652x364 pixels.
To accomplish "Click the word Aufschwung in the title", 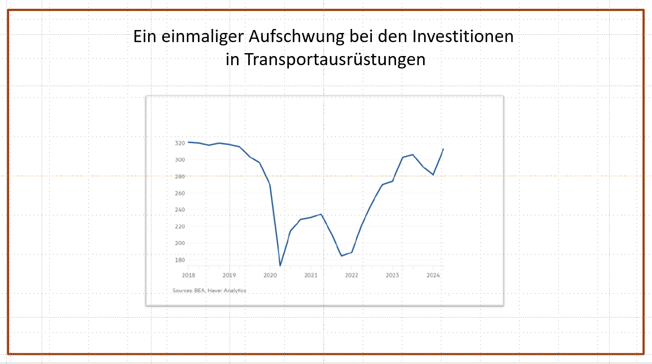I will click(297, 37).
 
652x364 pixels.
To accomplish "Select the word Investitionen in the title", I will click(463, 37).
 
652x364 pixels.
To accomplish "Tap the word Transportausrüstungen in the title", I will click(335, 59).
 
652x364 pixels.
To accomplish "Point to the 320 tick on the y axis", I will click(180, 143).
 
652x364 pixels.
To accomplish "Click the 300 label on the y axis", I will click(180, 160).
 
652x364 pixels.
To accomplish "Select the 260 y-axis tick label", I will click(180, 193).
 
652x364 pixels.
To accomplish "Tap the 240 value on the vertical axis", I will click(180, 210).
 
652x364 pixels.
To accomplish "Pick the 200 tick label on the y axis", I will click(180, 243).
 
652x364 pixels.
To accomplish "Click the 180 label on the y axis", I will click(180, 260).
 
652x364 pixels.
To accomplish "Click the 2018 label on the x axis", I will click(188, 275).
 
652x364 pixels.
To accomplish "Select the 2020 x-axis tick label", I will click(270, 275).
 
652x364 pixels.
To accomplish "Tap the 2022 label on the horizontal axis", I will click(351, 275).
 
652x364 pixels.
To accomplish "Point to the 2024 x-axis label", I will click(433, 275).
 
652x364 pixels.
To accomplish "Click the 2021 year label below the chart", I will click(311, 275).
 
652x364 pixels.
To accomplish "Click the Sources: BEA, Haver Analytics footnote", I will click(209, 290).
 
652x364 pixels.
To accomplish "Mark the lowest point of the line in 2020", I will click(280, 265).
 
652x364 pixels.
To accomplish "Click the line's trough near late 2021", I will click(342, 256).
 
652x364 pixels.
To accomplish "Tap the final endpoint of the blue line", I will click(443, 149).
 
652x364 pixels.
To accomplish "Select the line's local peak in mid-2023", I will click(413, 155).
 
